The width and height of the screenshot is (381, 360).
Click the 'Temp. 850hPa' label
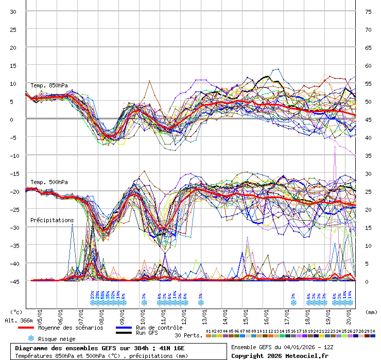tap(49, 85)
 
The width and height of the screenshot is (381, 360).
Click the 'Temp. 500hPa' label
tap(49, 182)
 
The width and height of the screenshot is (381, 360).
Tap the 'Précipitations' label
tap(52, 220)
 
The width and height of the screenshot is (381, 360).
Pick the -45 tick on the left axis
tap(14, 281)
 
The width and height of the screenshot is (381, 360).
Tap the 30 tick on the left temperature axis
tap(14, 12)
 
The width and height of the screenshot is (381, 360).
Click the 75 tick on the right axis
tap(368, 12)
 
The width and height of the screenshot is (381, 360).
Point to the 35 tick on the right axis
tap(368, 155)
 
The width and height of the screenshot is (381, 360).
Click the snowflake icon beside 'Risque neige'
tap(31, 338)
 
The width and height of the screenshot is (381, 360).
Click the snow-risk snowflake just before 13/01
tap(200, 302)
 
